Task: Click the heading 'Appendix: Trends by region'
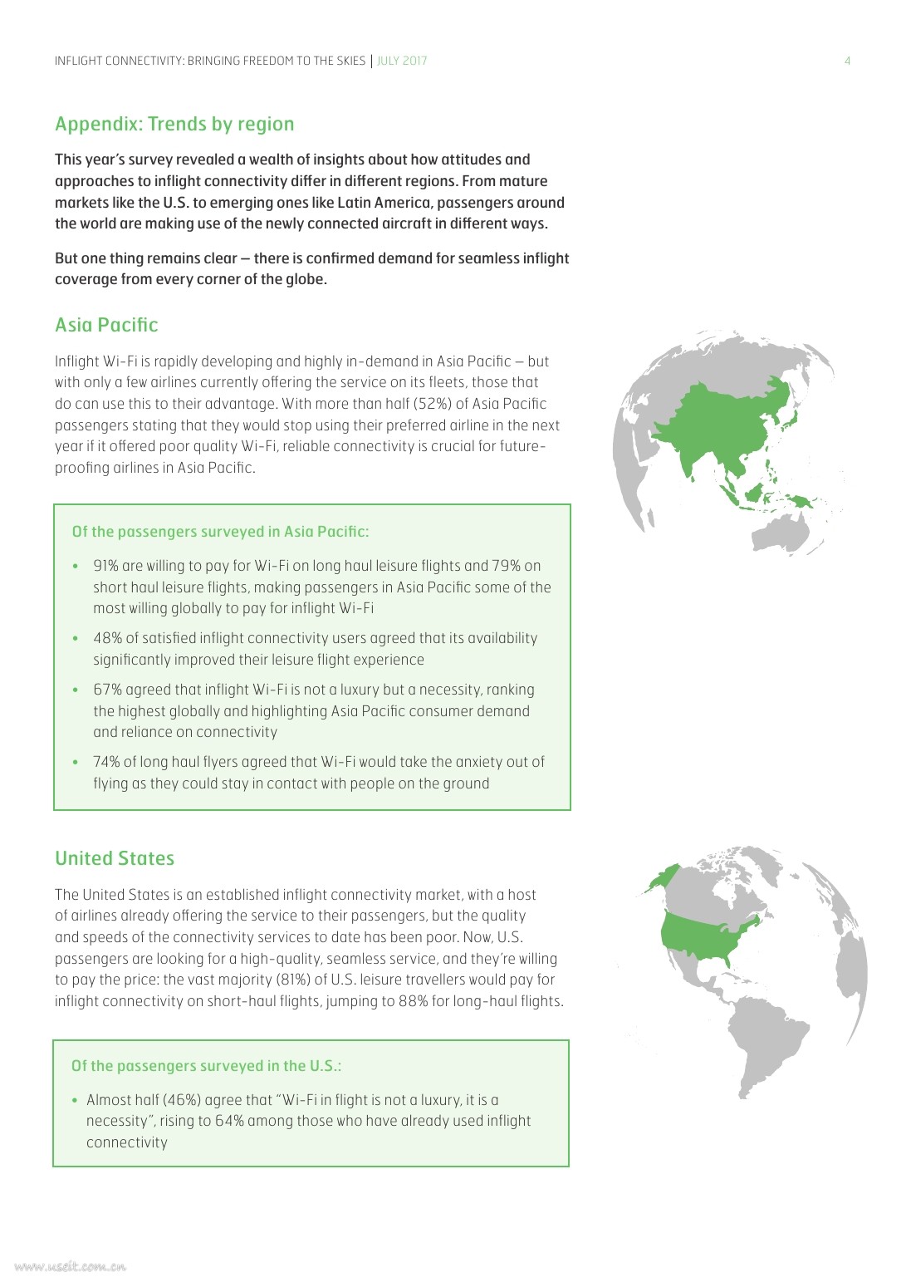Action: (x=174, y=124)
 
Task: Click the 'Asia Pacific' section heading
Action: (x=106, y=325)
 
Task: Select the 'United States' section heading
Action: (x=115, y=858)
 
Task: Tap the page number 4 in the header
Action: (x=847, y=61)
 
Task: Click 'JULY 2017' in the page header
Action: (x=402, y=61)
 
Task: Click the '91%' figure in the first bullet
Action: (x=105, y=566)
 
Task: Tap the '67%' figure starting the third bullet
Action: (x=107, y=690)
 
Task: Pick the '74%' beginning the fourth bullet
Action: (x=106, y=762)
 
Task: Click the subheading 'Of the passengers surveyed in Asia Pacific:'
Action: (x=220, y=532)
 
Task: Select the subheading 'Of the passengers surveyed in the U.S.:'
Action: (x=206, y=1066)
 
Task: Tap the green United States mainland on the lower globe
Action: (x=706, y=935)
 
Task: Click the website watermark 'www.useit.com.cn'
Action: (x=71, y=1267)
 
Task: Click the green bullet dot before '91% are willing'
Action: (x=76, y=567)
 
